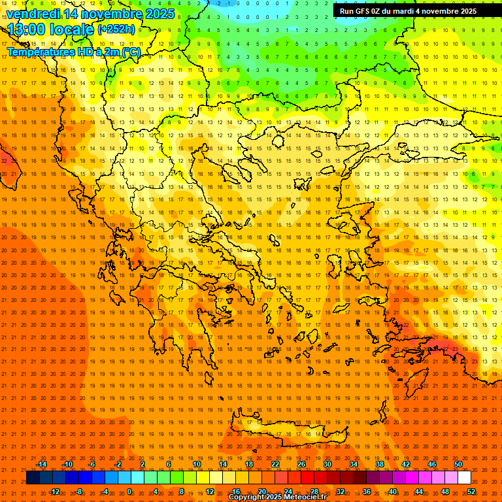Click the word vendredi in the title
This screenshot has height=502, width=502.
[x=33, y=14]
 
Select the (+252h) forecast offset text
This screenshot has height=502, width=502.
[x=116, y=29]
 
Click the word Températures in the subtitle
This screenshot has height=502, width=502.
[x=39, y=52]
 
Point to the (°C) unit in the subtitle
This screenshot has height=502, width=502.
[x=131, y=52]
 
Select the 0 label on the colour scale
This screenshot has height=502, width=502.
[x=129, y=492]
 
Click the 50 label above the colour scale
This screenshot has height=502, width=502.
[x=458, y=464]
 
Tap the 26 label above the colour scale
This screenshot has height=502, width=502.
[x=301, y=464]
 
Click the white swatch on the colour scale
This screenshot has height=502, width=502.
[x=465, y=478]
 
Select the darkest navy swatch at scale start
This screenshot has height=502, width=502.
[x=33, y=478]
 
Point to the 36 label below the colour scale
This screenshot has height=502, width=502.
[x=367, y=492]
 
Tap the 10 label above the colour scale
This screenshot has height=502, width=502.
[x=197, y=464]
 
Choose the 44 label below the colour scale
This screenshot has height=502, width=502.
[x=419, y=492]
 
